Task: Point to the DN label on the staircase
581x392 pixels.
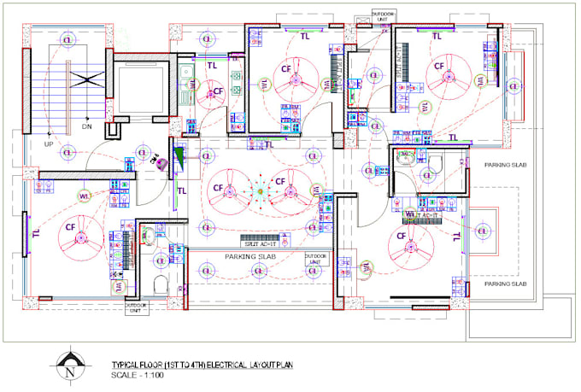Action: tap(86, 126)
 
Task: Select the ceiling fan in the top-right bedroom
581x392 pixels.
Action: tap(449, 74)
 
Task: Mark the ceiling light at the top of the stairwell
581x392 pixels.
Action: tap(65, 39)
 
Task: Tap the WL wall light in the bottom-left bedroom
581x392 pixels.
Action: tap(85, 197)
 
